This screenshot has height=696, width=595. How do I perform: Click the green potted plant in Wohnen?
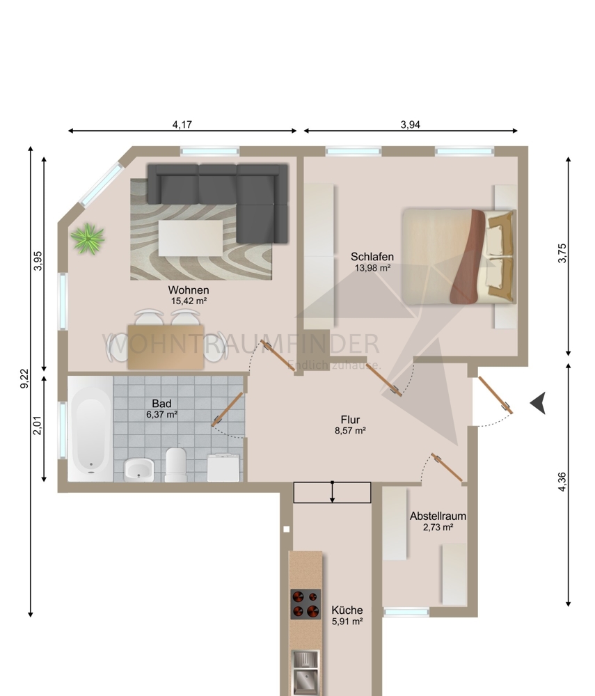tap(88, 239)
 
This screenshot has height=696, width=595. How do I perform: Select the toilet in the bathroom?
tap(175, 464)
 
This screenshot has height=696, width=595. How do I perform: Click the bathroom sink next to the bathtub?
tap(138, 470)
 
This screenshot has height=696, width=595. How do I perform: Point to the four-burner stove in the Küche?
tap(306, 604)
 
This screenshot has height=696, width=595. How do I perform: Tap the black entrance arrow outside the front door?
tap(537, 403)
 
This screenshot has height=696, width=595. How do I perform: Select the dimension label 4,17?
tap(182, 125)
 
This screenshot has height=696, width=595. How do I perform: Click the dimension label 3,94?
tap(411, 125)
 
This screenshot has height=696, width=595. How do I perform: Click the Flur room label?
tap(350, 420)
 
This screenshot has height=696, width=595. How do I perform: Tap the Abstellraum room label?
tap(438, 516)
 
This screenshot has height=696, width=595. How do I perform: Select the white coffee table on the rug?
tap(191, 237)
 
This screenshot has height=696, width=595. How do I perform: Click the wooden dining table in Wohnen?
tap(166, 347)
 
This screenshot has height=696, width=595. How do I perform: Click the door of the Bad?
tap(228, 409)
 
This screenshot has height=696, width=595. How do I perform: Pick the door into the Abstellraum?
tap(447, 468)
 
